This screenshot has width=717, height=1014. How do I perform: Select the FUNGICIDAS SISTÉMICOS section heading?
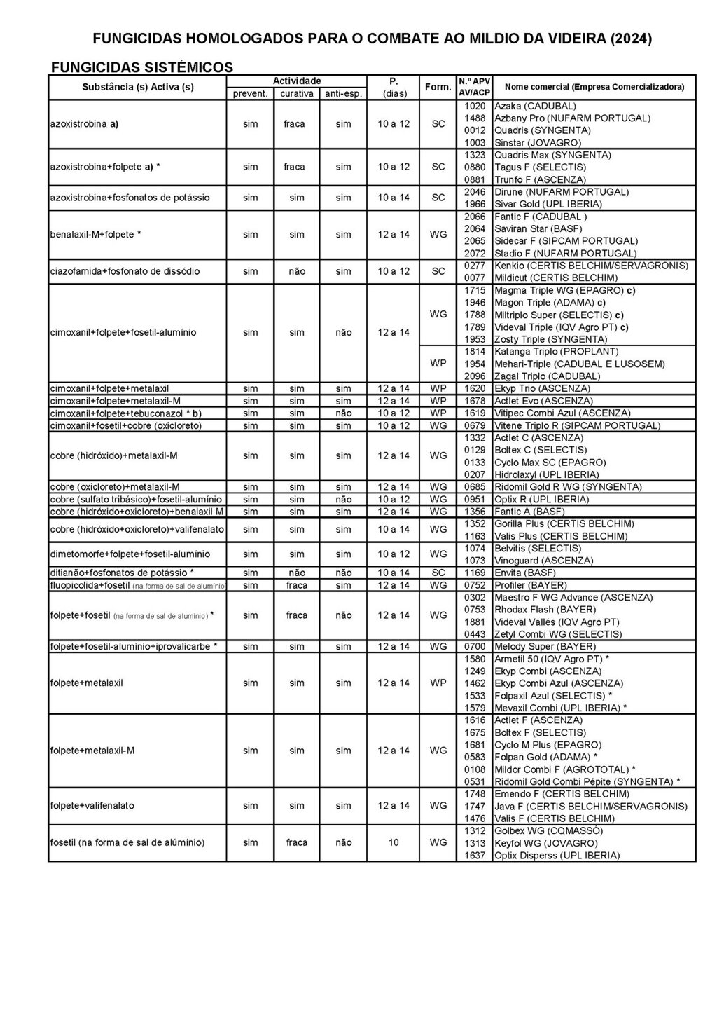142,67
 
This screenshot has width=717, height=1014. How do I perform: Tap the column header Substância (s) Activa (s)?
138,87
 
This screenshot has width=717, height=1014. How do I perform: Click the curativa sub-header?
297,94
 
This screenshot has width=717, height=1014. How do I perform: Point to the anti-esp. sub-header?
343,94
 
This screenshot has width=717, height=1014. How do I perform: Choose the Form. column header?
438,87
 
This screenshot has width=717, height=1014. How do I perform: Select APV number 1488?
475,118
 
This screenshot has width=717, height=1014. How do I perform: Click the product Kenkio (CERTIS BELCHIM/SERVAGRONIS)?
591,266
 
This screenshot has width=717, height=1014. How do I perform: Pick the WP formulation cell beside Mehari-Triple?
438,364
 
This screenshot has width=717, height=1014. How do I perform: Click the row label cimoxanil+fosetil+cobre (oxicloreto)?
126,425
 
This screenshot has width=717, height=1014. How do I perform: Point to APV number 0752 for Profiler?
475,585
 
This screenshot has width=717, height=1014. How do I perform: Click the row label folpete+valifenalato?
92,806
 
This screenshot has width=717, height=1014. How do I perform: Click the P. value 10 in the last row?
394,842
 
